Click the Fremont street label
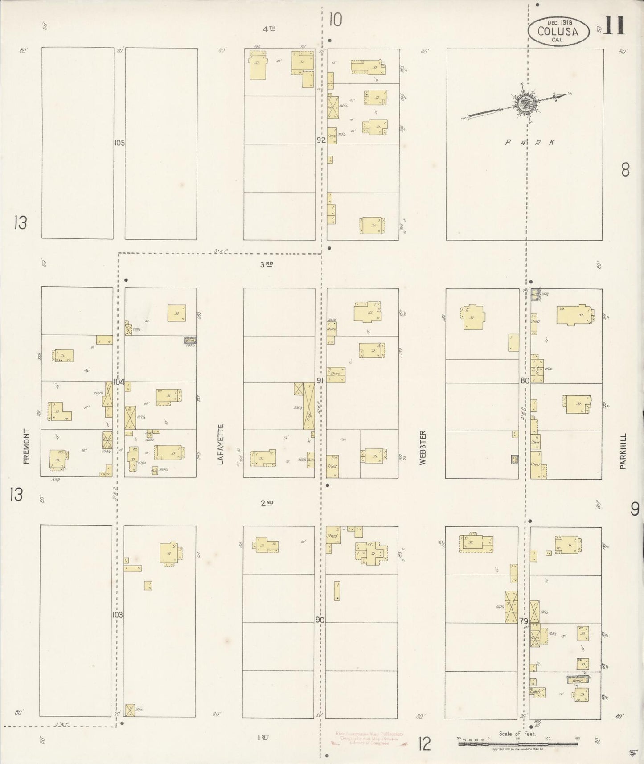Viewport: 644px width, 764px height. click(x=26, y=446)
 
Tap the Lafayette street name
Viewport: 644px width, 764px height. click(x=220, y=444)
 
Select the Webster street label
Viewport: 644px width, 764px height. click(x=422, y=448)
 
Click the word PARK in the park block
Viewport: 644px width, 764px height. click(x=530, y=143)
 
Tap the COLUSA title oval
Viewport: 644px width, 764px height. click(x=558, y=31)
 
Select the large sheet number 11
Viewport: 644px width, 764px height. click(x=615, y=25)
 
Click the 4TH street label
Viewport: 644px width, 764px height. click(x=268, y=29)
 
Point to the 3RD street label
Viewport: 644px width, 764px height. click(x=267, y=264)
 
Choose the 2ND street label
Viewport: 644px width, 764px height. click(x=267, y=503)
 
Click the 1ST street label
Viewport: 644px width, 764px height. click(x=263, y=737)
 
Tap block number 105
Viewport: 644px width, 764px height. click(x=119, y=143)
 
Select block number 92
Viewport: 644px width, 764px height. click(x=321, y=140)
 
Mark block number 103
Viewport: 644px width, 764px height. click(x=118, y=615)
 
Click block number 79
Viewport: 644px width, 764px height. click(x=524, y=621)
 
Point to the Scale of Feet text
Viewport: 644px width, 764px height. click(x=517, y=734)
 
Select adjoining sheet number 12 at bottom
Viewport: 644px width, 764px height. click(x=424, y=743)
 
